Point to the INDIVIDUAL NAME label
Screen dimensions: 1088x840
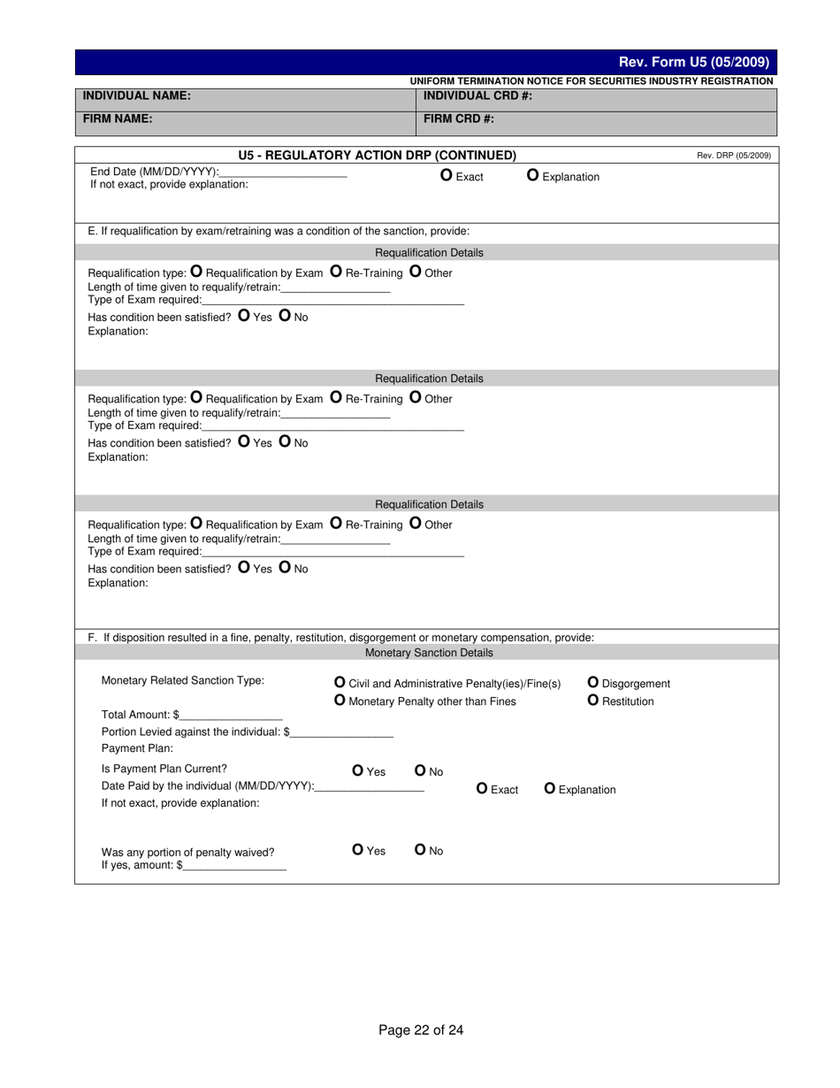(x=137, y=96)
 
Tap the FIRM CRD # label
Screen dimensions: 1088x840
(x=459, y=119)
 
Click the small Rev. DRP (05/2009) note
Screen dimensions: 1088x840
(x=733, y=156)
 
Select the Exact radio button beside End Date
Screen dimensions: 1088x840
(x=447, y=175)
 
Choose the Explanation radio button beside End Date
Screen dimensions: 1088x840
(x=533, y=175)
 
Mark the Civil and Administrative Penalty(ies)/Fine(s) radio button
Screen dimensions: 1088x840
(x=340, y=682)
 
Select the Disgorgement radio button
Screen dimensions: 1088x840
(x=593, y=682)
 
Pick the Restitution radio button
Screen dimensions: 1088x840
(x=593, y=701)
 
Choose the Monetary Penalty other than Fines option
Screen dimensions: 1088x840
(x=340, y=701)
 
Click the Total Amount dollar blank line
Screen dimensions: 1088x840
(x=231, y=715)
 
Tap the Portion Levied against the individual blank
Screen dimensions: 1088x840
(x=341, y=732)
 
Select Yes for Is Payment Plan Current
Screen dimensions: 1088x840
(x=358, y=770)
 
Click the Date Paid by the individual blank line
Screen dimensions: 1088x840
(x=370, y=786)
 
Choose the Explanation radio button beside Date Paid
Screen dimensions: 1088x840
(x=550, y=788)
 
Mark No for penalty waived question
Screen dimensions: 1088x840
(x=421, y=849)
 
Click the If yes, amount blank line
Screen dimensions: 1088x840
(x=234, y=866)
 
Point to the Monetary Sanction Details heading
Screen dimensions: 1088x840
(x=429, y=653)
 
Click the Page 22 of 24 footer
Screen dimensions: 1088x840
(x=421, y=1030)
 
